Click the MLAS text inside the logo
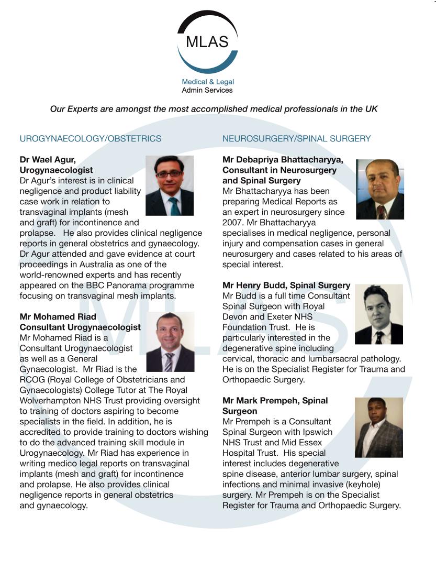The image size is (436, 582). pos(207,41)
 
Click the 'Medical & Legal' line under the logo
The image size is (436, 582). pos(207,82)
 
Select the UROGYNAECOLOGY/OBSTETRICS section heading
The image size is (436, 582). pos(91,139)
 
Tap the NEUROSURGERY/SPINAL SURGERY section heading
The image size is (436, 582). pos(296,139)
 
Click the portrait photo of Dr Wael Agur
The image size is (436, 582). pos(169,185)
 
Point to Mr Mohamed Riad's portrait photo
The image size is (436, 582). pos(170,342)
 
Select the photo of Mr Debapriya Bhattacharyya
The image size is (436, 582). pos(379,189)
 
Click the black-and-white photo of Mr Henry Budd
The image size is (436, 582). pos(378,314)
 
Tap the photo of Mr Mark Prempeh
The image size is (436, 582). pos(378,427)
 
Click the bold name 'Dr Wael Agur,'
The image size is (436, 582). pos(48,160)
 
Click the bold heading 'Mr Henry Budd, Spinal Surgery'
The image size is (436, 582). pos(286,285)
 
